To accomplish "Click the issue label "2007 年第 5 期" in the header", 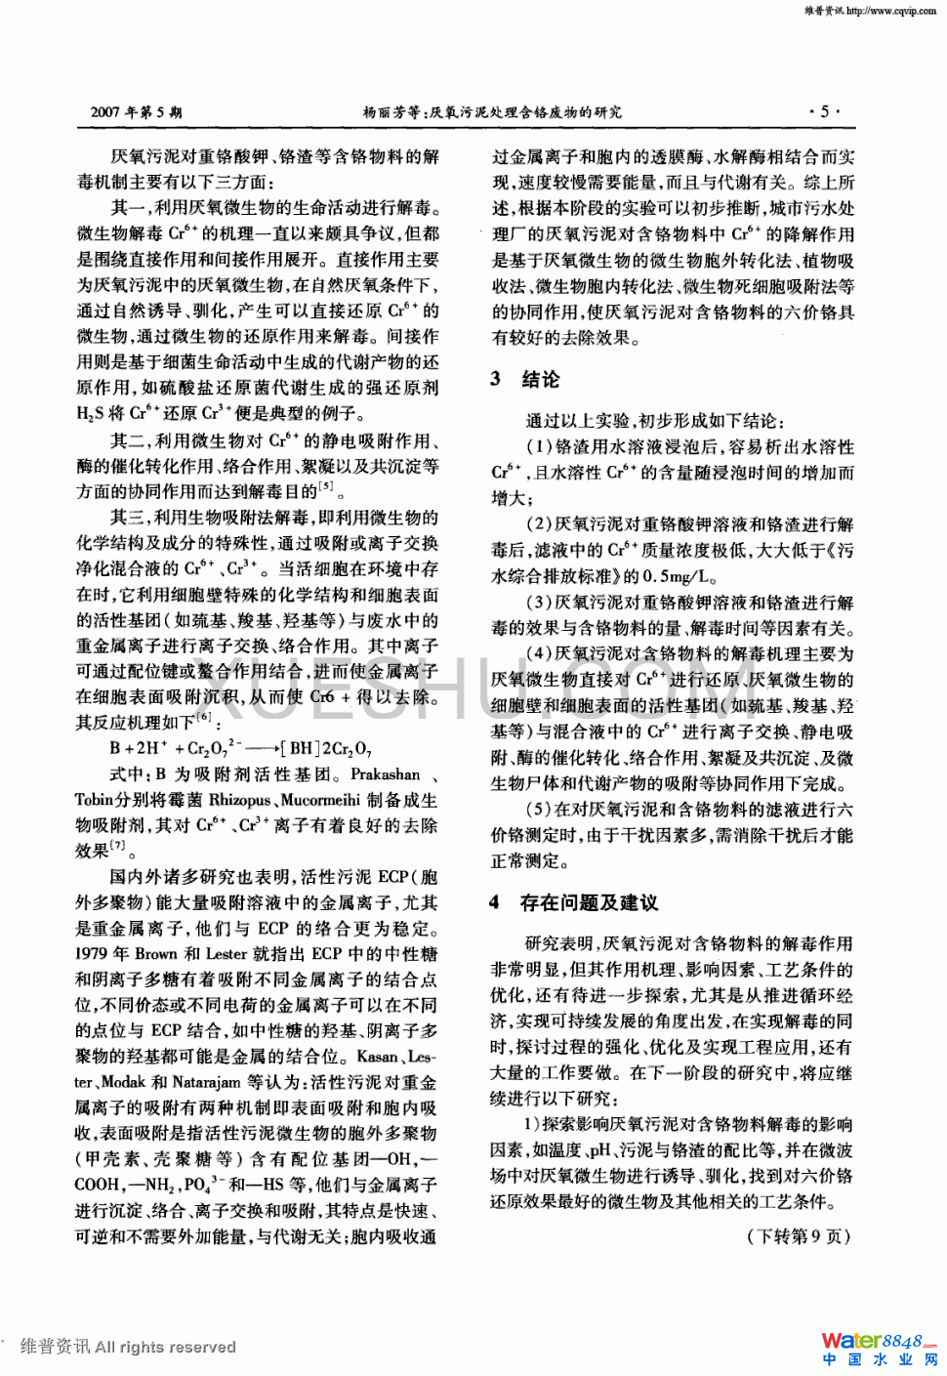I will pyautogui.click(x=136, y=112).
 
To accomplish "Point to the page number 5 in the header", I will pyautogui.click(x=824, y=111).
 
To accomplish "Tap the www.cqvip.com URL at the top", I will pyautogui.click(x=890, y=11).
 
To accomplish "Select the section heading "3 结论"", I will pyautogui.click(x=525, y=379).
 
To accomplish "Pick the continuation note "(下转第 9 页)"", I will pyautogui.click(x=799, y=1236).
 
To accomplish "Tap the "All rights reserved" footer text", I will pyautogui.click(x=166, y=1347).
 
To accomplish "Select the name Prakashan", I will pyautogui.click(x=385, y=774).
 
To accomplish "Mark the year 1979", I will pyautogui.click(x=94, y=954).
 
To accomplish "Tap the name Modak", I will pyautogui.click(x=123, y=1082).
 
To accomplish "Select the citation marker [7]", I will pyautogui.click(x=118, y=846).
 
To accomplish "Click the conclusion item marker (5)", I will pyautogui.click(x=539, y=810).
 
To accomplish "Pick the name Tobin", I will pyautogui.click(x=95, y=800).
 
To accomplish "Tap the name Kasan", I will pyautogui.click(x=377, y=1057).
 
